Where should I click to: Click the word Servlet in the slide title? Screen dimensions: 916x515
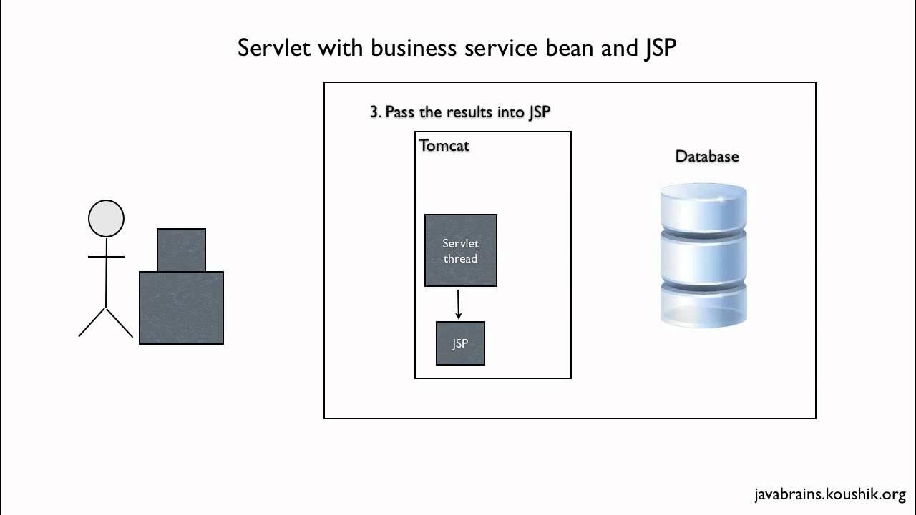274,47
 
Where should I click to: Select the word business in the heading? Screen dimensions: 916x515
413,47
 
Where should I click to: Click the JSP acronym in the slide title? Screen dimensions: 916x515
660,48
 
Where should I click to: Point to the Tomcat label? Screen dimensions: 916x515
444,146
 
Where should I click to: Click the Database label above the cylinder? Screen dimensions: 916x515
707,156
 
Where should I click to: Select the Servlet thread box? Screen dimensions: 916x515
461,250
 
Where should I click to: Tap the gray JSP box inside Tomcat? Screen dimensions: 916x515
460,343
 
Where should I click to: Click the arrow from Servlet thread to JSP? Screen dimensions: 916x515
459,305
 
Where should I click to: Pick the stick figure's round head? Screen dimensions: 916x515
107,218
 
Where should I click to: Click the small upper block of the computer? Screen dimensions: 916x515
182,250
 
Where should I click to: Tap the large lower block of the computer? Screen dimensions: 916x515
182,308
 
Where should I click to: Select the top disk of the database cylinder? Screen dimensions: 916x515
703,207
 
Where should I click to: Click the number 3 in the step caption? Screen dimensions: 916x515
374,112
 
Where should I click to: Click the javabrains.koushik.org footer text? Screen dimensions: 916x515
830,494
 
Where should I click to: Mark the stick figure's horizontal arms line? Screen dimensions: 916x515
107,257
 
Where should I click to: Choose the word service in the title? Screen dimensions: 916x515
501,47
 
